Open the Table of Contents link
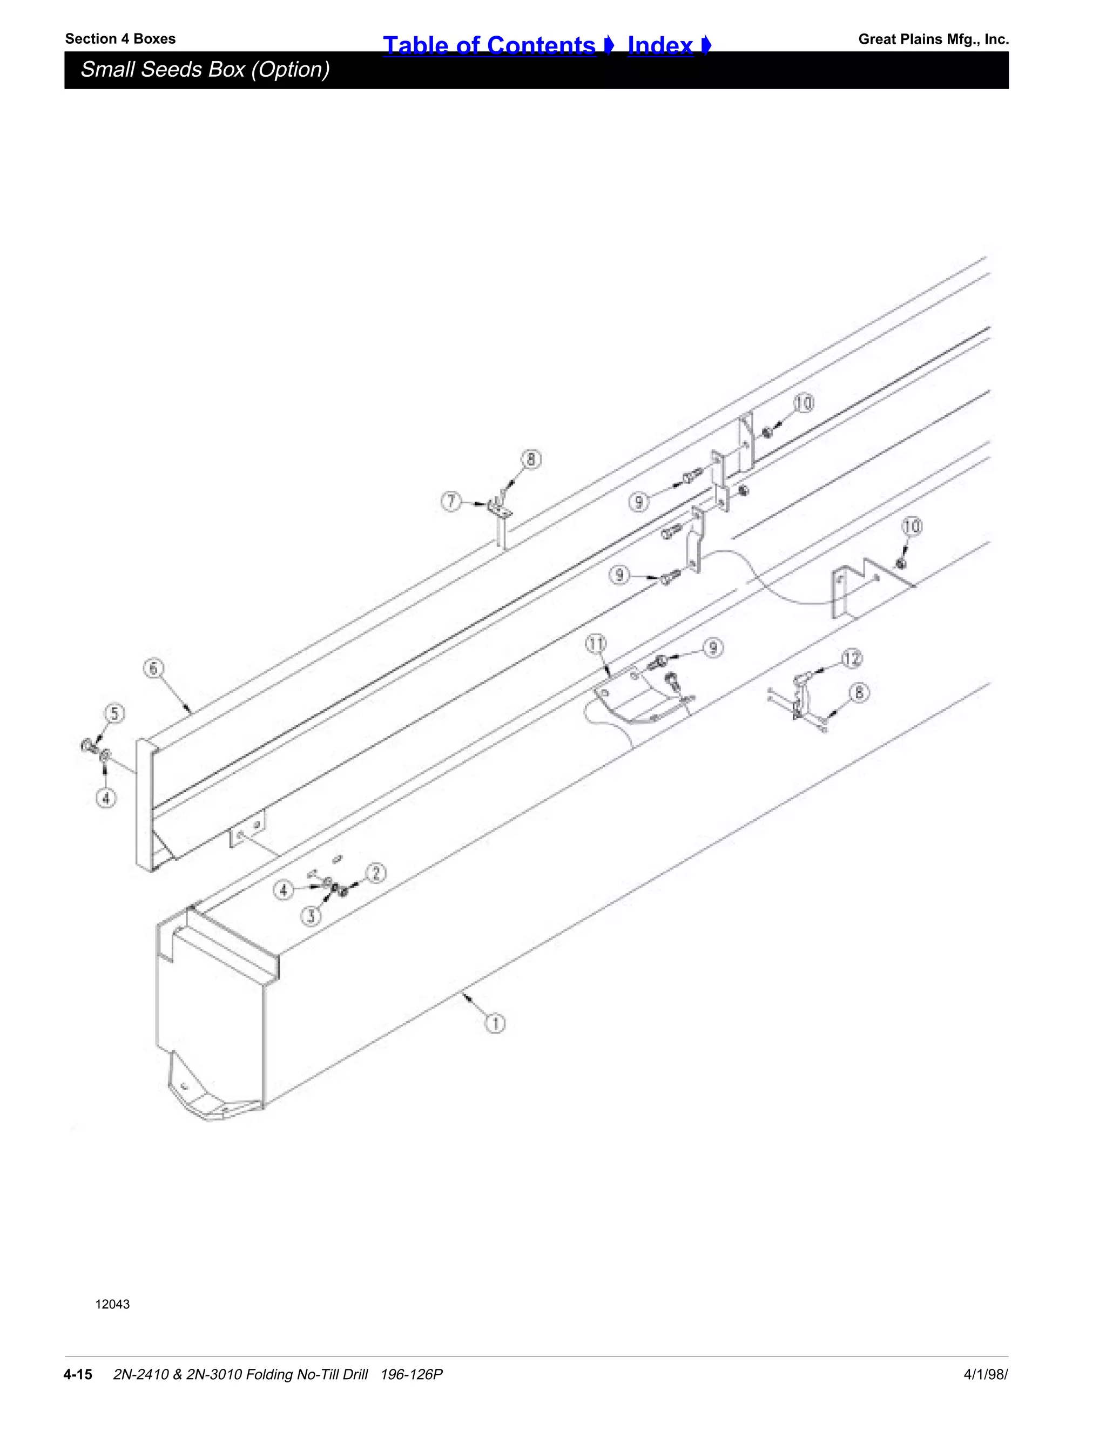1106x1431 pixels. click(489, 45)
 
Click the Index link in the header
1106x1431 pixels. click(660, 45)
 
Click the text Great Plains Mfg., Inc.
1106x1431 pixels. click(933, 39)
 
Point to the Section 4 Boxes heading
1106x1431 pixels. click(120, 39)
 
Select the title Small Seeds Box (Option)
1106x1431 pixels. click(205, 70)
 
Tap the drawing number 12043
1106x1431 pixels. click(113, 1305)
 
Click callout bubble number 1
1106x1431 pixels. click(495, 1023)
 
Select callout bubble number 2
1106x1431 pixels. click(376, 873)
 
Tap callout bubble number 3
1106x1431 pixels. click(311, 915)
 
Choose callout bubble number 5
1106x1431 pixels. click(114, 713)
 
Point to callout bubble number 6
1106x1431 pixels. click(153, 669)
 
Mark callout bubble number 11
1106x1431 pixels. click(596, 644)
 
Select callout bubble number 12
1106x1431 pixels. click(852, 658)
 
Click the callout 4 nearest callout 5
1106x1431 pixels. click(106, 798)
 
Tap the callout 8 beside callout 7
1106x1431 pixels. click(531, 460)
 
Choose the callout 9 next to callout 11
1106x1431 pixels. click(713, 648)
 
